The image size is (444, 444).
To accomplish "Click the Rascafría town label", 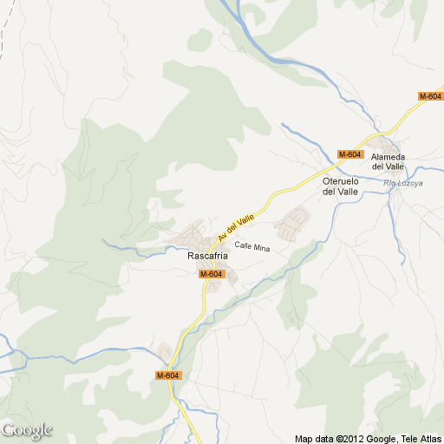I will (x=207, y=257).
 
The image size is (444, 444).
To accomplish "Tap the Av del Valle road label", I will (x=237, y=227).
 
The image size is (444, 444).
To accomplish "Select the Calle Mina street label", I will (x=252, y=248).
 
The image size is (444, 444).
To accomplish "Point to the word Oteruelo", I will (x=340, y=181).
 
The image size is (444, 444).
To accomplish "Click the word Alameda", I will (x=388, y=157).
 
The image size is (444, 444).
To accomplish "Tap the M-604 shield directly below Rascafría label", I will (x=212, y=274).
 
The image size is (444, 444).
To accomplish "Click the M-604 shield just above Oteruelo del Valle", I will (x=349, y=154).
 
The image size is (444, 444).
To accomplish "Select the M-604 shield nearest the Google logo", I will (x=168, y=375).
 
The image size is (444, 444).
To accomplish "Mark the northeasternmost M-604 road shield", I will (x=430, y=96).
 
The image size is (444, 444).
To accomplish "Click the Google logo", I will (x=26, y=430).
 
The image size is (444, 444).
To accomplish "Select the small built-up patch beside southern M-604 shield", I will (x=164, y=352).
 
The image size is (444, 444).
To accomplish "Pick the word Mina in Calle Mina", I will (x=262, y=248).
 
